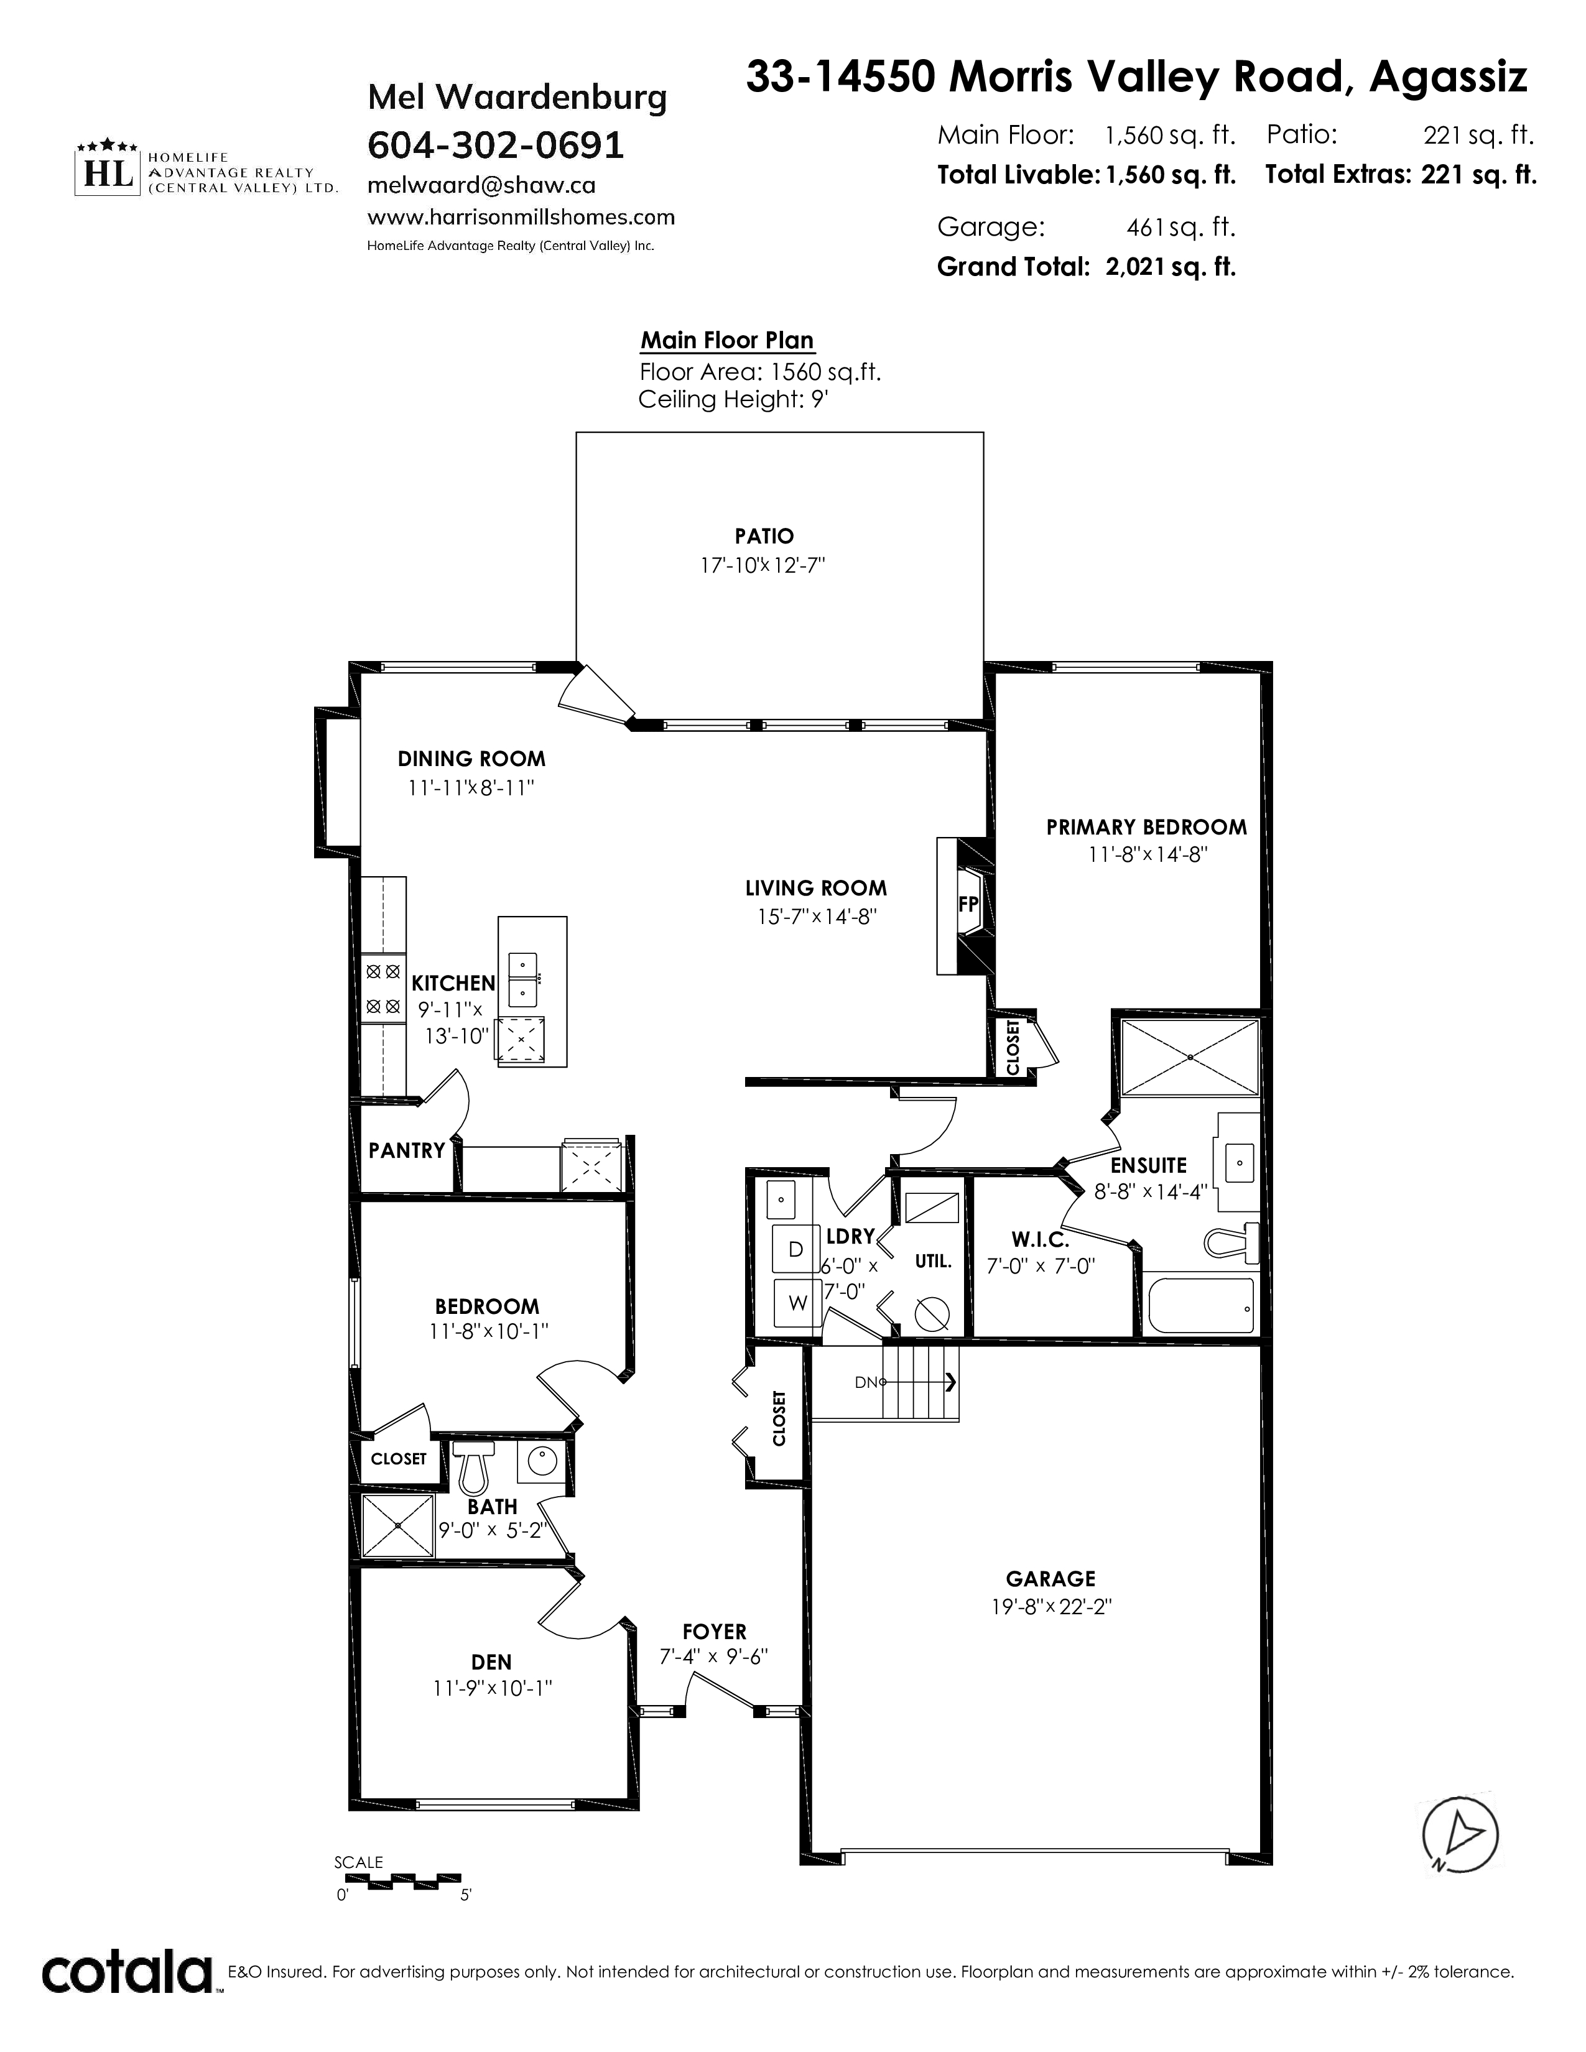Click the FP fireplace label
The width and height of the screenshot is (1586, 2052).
(968, 904)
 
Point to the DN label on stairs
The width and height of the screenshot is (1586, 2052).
(865, 1382)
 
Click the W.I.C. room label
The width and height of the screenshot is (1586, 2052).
(1040, 1241)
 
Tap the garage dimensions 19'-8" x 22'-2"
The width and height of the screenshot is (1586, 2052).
(1051, 1607)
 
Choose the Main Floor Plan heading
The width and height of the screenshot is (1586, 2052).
(727, 340)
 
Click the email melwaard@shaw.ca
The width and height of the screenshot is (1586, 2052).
(481, 186)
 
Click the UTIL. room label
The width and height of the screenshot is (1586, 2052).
(933, 1261)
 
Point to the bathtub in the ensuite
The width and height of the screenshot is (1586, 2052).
(1200, 1306)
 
